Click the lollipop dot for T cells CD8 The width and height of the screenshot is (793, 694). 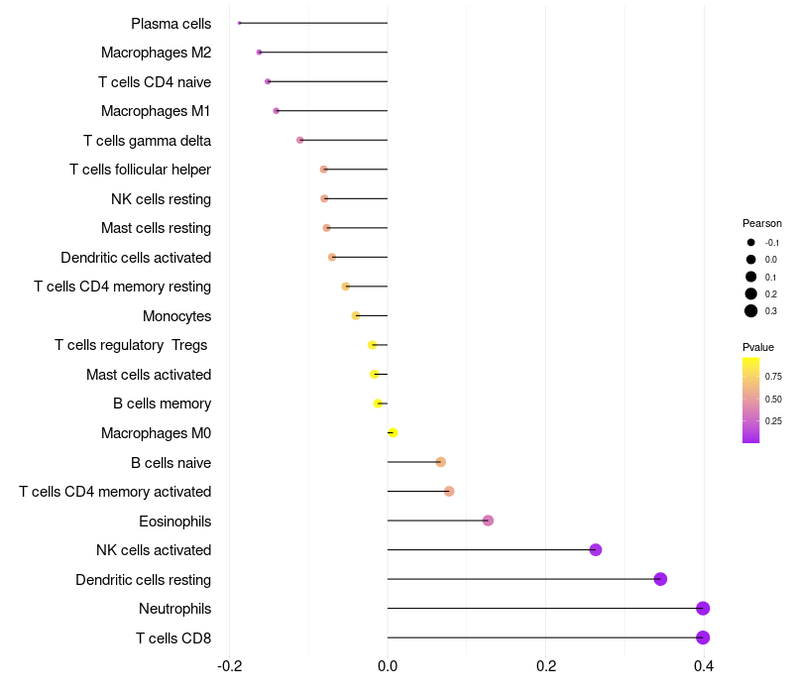click(x=703, y=637)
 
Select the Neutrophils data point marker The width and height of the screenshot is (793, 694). click(x=703, y=609)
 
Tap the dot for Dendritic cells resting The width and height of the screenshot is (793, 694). click(x=660, y=579)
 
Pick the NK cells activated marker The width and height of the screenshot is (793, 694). click(x=596, y=550)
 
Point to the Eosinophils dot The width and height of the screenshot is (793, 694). click(x=488, y=520)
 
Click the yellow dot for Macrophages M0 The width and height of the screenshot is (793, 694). click(x=393, y=433)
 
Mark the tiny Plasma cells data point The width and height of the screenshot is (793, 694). click(x=240, y=23)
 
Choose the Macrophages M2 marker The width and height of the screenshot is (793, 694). click(x=260, y=53)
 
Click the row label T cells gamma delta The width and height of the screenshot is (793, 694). click(x=147, y=141)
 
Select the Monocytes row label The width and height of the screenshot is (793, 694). click(x=176, y=316)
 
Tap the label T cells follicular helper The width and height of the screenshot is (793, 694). click(x=140, y=170)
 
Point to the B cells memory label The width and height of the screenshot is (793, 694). click(x=162, y=404)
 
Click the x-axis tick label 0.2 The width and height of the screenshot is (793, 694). click(x=545, y=665)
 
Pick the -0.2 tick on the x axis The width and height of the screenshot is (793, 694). click(x=229, y=665)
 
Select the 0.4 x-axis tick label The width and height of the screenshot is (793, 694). click(x=704, y=665)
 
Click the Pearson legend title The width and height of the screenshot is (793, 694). click(x=761, y=223)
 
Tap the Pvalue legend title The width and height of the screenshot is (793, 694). click(x=757, y=347)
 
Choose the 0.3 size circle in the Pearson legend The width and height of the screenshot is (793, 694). click(x=751, y=311)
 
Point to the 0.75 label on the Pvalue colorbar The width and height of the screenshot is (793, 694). click(x=773, y=377)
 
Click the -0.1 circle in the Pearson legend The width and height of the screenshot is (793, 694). click(x=751, y=243)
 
